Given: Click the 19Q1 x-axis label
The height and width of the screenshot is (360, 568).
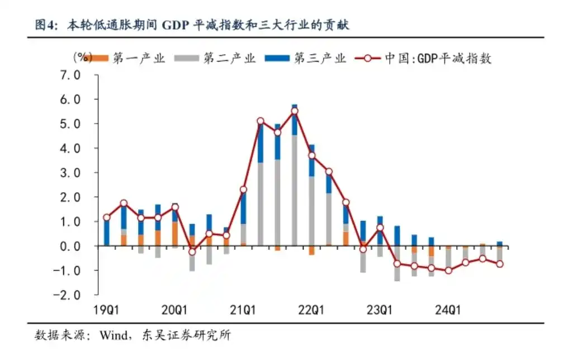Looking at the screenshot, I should (x=106, y=310).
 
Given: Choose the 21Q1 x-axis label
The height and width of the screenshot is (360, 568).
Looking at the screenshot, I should (x=243, y=310).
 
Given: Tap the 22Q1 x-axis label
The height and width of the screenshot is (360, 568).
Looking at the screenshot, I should (x=311, y=310).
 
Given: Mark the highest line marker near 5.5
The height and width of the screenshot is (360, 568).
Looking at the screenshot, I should (x=295, y=111).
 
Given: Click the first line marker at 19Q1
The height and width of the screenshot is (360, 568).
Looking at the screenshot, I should (x=107, y=217).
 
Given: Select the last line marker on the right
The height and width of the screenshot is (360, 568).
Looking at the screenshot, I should (x=499, y=264).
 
